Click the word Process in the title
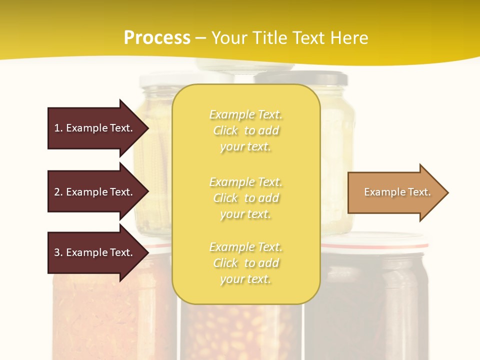pyautogui.click(x=157, y=38)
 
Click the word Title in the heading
pyautogui.click(x=270, y=38)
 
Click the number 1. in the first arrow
pyautogui.click(x=58, y=128)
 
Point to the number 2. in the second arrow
pyautogui.click(x=58, y=192)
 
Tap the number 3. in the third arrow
pyautogui.click(x=58, y=252)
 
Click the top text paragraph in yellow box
pyautogui.click(x=245, y=130)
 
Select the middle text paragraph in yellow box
pyautogui.click(x=245, y=198)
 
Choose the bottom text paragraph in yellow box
pyautogui.click(x=245, y=263)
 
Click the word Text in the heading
pyautogui.click(x=308, y=38)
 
